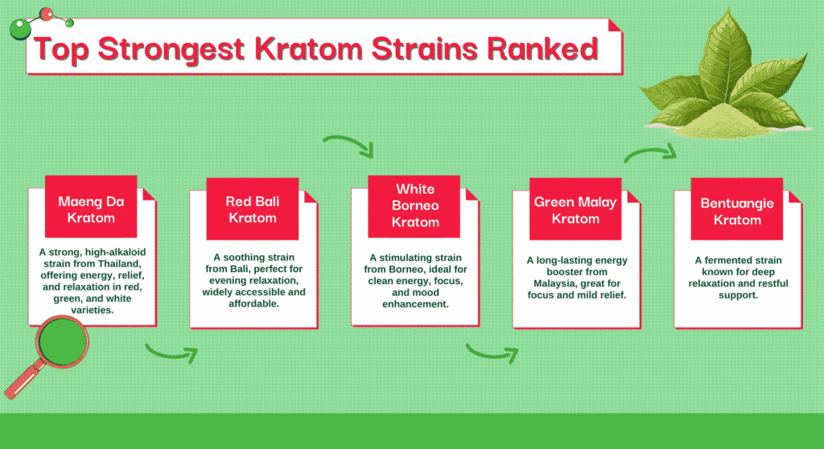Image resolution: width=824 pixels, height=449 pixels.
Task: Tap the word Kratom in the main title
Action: [308, 49]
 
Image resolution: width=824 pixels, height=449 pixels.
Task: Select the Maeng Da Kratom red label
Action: [91, 207]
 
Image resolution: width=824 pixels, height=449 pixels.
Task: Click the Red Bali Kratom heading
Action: [252, 209]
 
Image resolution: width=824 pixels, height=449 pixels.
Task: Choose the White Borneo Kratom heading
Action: [415, 205]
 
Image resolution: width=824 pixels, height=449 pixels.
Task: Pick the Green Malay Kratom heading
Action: [575, 210]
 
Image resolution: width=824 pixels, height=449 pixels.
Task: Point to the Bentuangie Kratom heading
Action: [737, 212]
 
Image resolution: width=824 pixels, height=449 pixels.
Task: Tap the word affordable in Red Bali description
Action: [253, 303]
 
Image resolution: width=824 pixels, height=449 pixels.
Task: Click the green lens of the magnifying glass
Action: [62, 341]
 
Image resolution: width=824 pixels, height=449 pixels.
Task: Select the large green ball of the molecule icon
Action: [20, 30]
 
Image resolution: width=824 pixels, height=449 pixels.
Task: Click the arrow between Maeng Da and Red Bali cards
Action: [171, 352]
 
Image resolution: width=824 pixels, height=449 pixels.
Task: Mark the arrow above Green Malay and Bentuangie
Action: [650, 152]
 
